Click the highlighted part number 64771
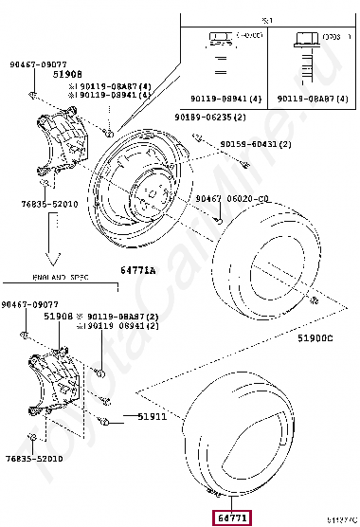[x=233, y=518]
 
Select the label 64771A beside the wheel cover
[x=139, y=270]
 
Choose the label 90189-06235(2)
[x=209, y=117]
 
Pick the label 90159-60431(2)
[x=256, y=144]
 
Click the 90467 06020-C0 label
[x=233, y=199]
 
